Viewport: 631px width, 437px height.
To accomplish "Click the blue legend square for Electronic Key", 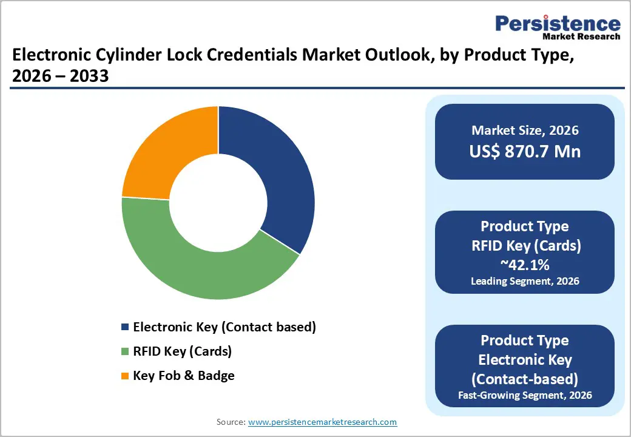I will [x=126, y=327].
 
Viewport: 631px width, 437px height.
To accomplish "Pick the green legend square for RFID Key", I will [x=126, y=351].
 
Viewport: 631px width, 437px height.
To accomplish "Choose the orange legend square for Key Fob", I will [x=126, y=376].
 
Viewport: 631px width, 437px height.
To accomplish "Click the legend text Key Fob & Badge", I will [x=184, y=376].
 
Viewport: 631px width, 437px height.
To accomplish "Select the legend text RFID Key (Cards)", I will [x=182, y=351].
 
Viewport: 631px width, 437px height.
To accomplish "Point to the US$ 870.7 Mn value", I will [x=525, y=151].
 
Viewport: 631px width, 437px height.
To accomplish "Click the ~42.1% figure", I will [x=525, y=264].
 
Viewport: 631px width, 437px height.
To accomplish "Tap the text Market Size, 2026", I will [x=525, y=130].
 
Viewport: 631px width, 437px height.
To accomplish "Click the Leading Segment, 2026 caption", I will [x=525, y=281].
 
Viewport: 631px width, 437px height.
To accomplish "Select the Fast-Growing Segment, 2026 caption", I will [x=525, y=396].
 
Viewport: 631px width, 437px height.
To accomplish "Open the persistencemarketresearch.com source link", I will [x=323, y=422].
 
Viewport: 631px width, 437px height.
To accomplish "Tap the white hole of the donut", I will [x=218, y=202].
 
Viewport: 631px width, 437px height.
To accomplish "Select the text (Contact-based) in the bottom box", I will [x=525, y=379].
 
